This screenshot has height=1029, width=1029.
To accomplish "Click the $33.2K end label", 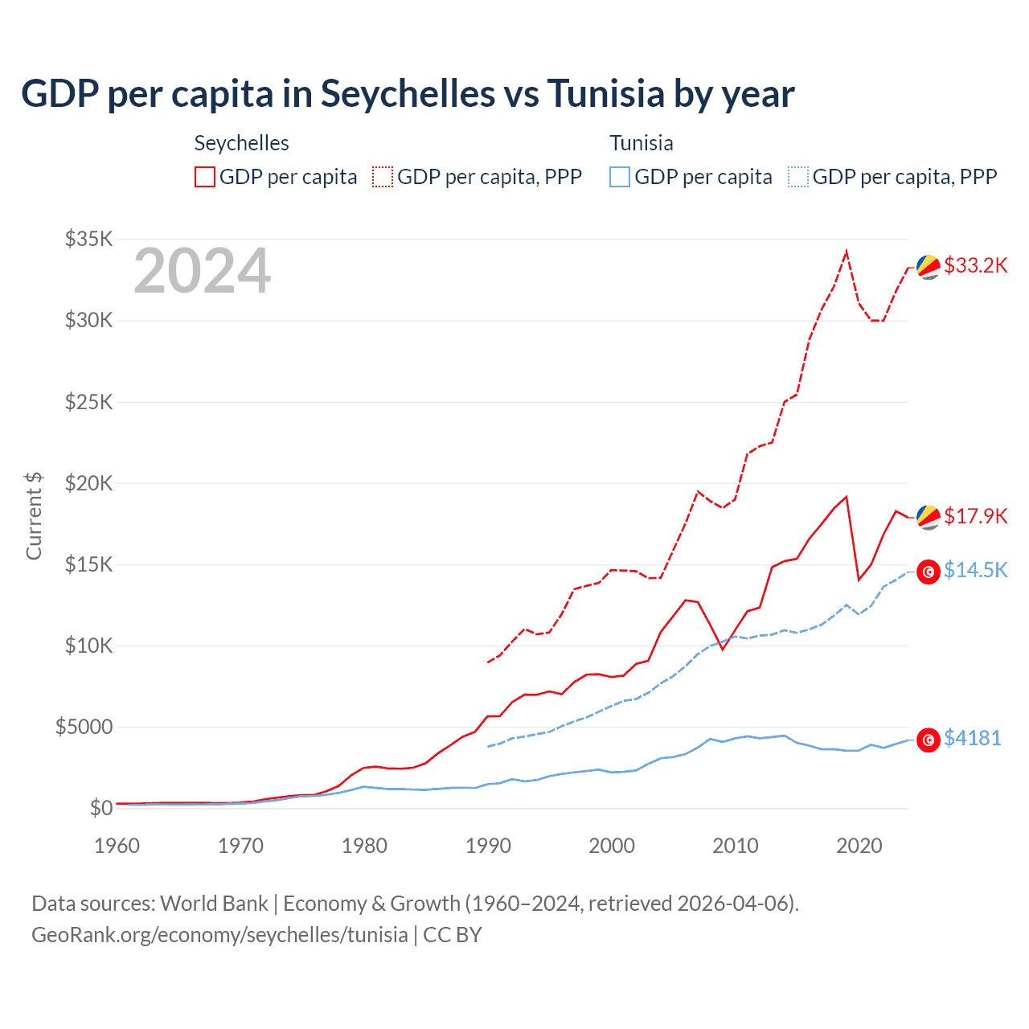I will point(975,266).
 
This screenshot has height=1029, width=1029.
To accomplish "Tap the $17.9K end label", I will point(975,516).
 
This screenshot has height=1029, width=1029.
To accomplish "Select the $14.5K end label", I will point(975,570).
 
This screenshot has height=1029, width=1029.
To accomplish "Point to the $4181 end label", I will point(972,738).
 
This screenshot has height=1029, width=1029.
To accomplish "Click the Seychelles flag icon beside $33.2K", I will point(929,267).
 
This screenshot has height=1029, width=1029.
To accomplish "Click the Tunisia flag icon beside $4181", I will point(929,740).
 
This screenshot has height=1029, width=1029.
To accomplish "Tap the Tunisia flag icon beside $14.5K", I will point(929,572).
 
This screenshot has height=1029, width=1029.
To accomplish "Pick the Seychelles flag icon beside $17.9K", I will point(929,517).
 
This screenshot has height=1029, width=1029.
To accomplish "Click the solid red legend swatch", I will point(205,177).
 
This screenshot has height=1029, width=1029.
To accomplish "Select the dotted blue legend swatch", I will point(798,177).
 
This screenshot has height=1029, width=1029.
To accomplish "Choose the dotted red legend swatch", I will point(383,177).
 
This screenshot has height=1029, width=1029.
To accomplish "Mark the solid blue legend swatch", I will point(620,177).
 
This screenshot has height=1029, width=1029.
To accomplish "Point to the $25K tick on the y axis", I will point(89,401).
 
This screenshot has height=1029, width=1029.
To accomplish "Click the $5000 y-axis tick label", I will point(84,727).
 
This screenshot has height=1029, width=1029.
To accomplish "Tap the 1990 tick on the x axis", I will point(488,846).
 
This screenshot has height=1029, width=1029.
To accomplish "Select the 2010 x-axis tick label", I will point(736,846).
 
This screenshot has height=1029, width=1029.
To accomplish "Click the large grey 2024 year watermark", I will point(202,272).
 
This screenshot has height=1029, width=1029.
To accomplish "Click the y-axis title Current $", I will point(34,516).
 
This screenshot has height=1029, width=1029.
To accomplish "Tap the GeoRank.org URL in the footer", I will point(219,935).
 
